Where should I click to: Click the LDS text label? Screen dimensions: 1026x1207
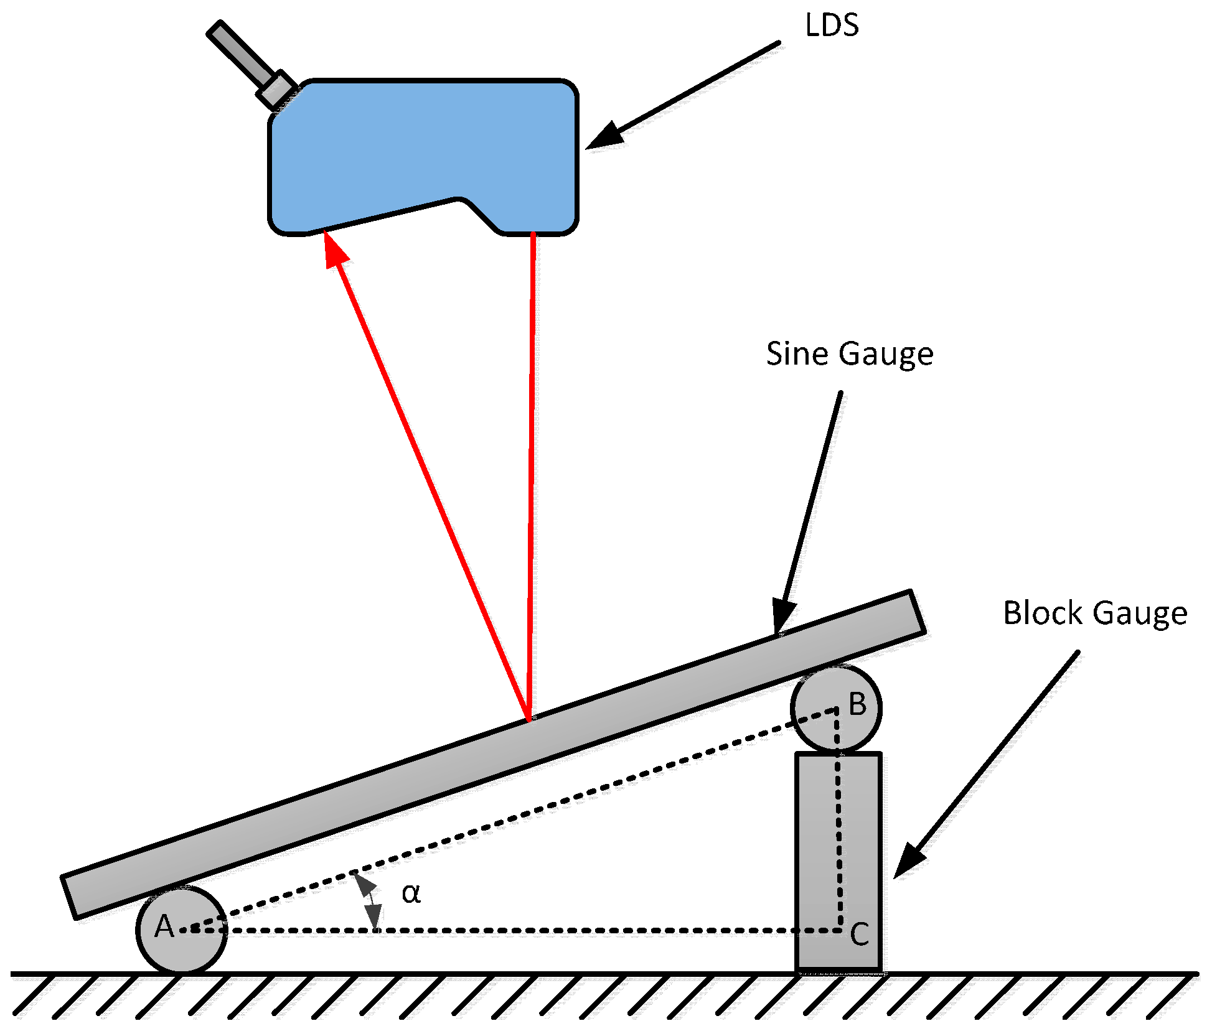pyautogui.click(x=832, y=26)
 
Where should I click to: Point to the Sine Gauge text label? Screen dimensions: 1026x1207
pyautogui.click(x=849, y=354)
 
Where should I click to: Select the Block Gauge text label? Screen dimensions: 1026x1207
pyautogui.click(x=1095, y=613)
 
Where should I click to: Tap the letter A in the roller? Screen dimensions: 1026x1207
pyautogui.click(x=164, y=926)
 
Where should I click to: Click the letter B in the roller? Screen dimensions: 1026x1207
pyautogui.click(x=858, y=704)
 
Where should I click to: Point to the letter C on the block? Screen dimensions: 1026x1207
pyautogui.click(x=860, y=935)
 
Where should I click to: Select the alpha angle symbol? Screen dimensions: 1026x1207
pyautogui.click(x=411, y=893)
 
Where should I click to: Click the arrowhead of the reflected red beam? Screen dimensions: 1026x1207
pyautogui.click(x=335, y=250)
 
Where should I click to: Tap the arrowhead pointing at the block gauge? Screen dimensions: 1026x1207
pyautogui.click(x=909, y=862)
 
